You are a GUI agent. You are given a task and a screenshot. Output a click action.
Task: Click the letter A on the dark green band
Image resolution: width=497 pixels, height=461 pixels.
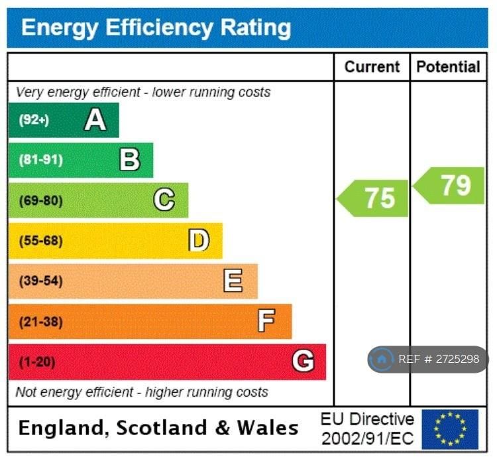tap(95, 119)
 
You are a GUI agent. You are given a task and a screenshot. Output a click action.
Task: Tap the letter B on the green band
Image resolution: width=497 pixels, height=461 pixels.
tap(130, 160)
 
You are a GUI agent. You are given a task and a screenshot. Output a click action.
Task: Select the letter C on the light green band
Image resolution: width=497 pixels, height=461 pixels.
tap(164, 200)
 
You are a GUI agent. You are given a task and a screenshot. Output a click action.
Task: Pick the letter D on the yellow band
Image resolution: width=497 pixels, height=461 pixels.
tap(199, 240)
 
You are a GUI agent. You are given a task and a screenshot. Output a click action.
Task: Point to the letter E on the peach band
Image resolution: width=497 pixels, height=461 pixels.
tap(233, 281)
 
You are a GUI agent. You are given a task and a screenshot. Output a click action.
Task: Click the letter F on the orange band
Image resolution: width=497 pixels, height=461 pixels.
tap(266, 322)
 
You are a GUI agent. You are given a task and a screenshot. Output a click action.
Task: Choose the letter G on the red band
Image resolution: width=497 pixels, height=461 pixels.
tap(303, 362)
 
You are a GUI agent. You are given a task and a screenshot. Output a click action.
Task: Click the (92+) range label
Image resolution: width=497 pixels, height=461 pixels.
tap(34, 120)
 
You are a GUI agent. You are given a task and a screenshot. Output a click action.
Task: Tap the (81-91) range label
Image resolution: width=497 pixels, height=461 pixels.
tap(40, 160)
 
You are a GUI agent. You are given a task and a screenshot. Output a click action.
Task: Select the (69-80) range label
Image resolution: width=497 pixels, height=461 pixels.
tap(40, 200)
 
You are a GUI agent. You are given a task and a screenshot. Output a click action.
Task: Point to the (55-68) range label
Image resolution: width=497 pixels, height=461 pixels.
tap(40, 241)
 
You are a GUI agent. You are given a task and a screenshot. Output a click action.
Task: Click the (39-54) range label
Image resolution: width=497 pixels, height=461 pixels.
tap(40, 281)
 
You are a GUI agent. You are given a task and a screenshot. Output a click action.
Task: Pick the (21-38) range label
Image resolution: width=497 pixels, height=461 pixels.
tap(40, 322)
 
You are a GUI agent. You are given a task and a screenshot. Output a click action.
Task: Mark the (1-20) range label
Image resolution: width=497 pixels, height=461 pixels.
tap(37, 362)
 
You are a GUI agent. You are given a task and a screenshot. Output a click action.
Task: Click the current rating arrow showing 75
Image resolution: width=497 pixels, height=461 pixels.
tap(374, 198)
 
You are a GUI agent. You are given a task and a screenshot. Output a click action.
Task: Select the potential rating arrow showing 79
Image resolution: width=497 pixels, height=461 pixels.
tap(449, 185)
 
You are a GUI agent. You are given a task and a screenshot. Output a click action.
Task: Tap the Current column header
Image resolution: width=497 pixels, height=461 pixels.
tap(372, 67)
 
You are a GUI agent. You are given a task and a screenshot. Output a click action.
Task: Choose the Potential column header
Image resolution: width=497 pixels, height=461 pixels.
tap(448, 67)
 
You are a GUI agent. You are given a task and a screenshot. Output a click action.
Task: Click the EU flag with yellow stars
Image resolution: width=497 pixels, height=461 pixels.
tap(450, 429)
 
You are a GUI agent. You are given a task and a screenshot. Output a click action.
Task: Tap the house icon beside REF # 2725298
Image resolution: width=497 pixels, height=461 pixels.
tap(382, 360)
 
